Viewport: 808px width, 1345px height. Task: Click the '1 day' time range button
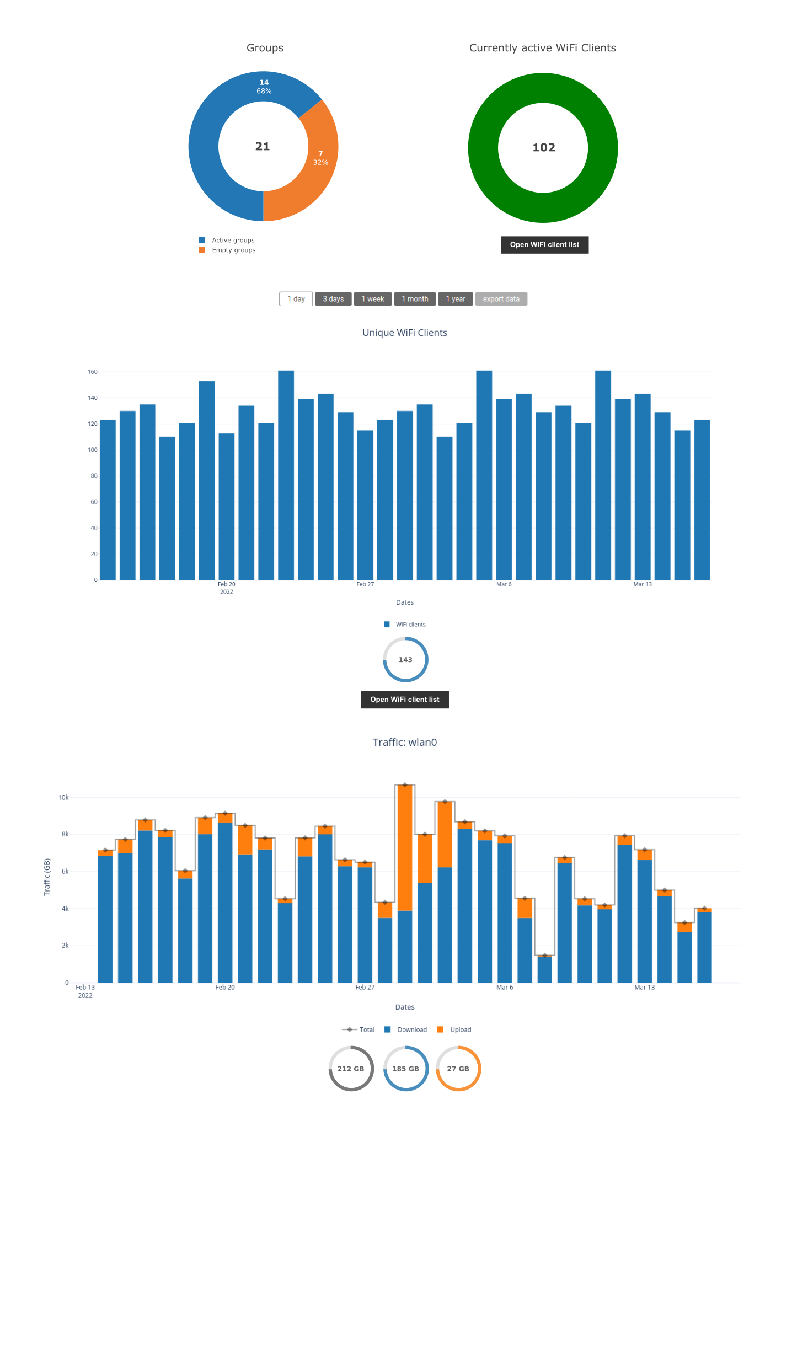tap(296, 299)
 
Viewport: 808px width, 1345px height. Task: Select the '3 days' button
tap(333, 299)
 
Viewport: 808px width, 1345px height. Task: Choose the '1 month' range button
tap(415, 299)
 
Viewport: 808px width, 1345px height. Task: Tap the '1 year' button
tap(456, 299)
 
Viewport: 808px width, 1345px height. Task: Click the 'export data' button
tap(501, 299)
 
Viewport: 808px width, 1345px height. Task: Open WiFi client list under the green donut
tap(544, 245)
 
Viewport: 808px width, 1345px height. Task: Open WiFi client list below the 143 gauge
tap(405, 700)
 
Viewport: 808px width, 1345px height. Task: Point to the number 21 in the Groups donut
tap(263, 147)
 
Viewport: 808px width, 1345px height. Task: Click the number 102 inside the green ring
tap(544, 148)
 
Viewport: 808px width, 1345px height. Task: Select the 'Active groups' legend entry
tap(233, 241)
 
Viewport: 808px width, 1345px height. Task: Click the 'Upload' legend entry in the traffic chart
tap(460, 1029)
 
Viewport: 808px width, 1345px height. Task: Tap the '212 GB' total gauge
tap(351, 1069)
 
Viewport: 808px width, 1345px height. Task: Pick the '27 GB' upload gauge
tap(458, 1069)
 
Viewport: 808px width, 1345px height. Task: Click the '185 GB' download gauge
tap(405, 1069)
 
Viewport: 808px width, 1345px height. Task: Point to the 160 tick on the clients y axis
tap(93, 372)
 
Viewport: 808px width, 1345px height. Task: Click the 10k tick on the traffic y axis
tap(63, 798)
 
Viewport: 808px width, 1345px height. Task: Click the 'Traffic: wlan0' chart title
tap(405, 743)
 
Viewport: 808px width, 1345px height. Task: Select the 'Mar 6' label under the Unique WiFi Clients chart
tap(504, 584)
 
